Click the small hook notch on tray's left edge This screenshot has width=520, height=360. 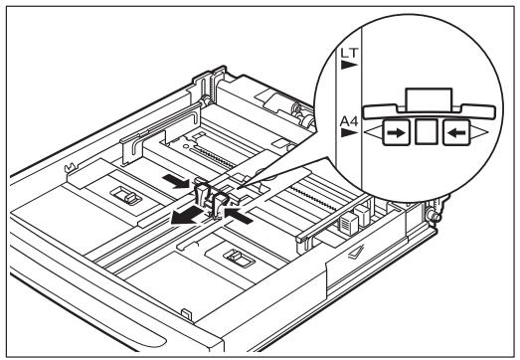(x=71, y=153)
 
